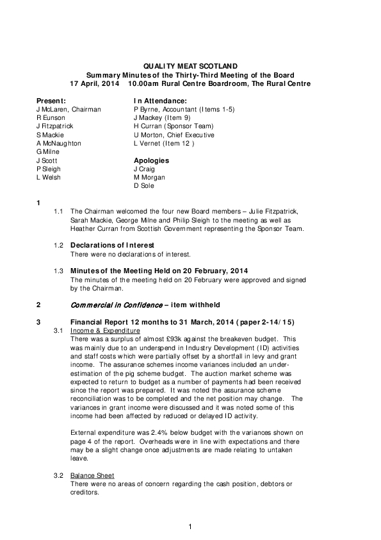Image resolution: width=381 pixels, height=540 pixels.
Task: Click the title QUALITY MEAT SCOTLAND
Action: [x=190, y=66]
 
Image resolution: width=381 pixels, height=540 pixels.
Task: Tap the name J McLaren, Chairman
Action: [x=69, y=110]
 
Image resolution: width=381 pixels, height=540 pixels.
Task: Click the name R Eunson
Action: [x=50, y=118]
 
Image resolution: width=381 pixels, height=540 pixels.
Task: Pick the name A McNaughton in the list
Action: [x=59, y=143]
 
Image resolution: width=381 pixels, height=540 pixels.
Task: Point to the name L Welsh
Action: [x=48, y=177]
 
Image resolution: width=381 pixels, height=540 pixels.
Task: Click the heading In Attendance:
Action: [x=160, y=101]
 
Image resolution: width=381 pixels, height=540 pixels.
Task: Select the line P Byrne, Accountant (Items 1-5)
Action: [x=184, y=110]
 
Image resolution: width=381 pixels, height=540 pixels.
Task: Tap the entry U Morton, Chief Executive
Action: [x=174, y=135]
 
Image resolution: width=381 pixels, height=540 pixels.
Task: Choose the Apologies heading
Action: [x=151, y=160]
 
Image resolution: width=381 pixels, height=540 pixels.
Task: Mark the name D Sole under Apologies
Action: [x=143, y=186]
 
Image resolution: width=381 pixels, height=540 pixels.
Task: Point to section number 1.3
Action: [x=59, y=271]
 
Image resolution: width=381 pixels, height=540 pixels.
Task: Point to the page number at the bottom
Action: [x=190, y=527]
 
